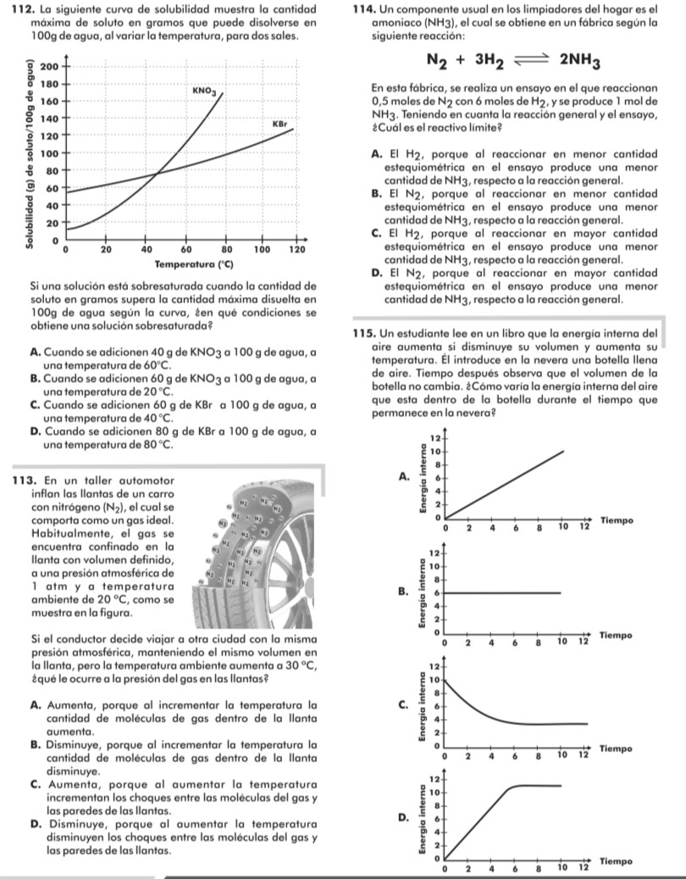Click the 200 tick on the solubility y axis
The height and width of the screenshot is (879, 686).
[x=48, y=66]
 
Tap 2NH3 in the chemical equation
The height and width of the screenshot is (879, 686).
[x=579, y=62]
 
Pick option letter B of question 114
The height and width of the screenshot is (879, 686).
[x=376, y=194]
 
